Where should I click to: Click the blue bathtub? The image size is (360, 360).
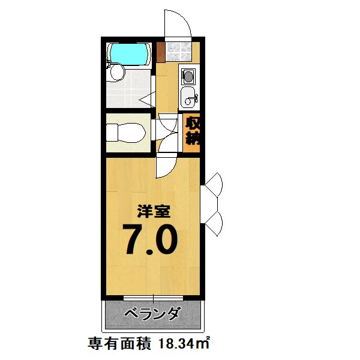point(129,54)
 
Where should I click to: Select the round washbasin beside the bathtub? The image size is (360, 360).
point(118,72)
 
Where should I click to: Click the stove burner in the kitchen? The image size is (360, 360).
point(188,76)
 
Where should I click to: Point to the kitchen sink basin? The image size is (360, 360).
point(188,97)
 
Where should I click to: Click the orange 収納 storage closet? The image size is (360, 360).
point(192,133)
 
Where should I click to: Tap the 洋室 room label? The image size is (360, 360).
point(154,211)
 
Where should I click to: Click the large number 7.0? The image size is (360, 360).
point(150,239)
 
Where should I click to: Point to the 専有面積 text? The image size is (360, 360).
point(119,344)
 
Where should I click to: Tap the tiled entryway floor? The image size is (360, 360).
point(179,52)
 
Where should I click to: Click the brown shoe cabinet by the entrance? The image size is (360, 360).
point(161,52)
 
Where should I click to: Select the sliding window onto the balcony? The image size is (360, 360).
point(153,298)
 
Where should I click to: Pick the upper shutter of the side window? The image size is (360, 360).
point(214,183)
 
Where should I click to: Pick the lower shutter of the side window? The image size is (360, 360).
point(214,223)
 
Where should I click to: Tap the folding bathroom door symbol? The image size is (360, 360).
point(148,99)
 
